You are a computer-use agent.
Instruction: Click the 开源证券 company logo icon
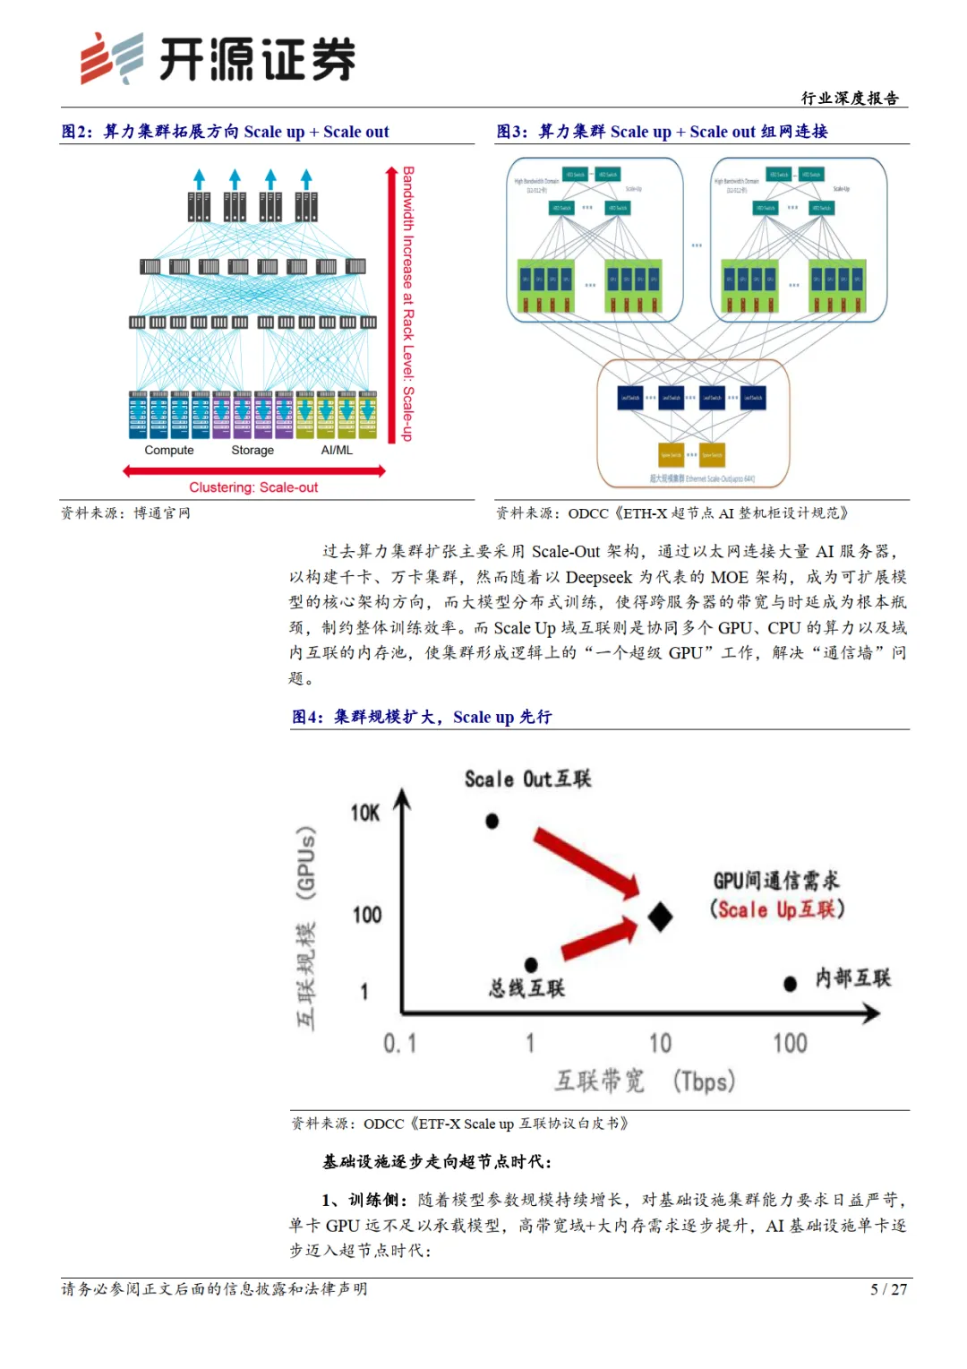coord(111,58)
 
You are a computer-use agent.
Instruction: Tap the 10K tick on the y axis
coord(365,813)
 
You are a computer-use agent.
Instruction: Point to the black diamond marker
coord(660,917)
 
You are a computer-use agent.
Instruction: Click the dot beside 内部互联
coord(790,984)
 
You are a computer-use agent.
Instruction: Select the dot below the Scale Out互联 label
coord(492,821)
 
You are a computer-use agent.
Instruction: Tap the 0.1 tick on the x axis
coord(399,1043)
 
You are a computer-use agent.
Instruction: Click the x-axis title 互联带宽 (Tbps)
coord(645,1081)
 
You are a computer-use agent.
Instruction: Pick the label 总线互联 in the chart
coord(526,988)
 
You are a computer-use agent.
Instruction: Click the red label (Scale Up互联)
coord(777,909)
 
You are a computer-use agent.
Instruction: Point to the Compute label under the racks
coord(169,450)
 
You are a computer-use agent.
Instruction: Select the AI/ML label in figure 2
coord(337,450)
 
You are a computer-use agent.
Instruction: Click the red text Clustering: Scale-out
coord(253,487)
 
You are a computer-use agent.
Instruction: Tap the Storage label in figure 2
coord(252,450)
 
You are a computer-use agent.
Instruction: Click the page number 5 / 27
coord(888,1289)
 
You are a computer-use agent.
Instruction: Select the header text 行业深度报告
coord(850,99)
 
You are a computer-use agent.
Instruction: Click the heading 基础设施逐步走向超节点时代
coord(437,1161)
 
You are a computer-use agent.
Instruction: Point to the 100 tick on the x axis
coord(790,1043)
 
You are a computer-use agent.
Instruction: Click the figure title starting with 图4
coord(422,717)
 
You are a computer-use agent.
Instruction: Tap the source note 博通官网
coord(162,513)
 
